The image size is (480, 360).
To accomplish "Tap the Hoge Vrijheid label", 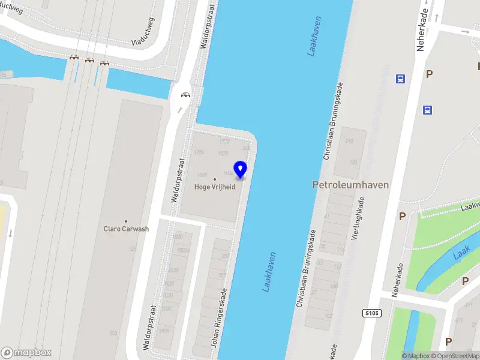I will (x=215, y=187).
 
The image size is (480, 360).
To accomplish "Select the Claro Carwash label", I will (x=126, y=229).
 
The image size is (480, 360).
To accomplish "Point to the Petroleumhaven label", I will (x=350, y=185).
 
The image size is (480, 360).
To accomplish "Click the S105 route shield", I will (x=372, y=313).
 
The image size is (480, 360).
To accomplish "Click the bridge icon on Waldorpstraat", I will (x=186, y=95).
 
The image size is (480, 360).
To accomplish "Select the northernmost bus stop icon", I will (x=400, y=79).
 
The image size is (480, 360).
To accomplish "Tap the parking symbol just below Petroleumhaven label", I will (x=403, y=216).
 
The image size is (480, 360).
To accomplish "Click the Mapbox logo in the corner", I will (x=26, y=353).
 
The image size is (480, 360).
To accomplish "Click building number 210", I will (x=349, y=141).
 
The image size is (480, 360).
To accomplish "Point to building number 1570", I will (x=223, y=154).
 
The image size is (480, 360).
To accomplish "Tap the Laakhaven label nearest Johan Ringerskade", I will (x=269, y=272).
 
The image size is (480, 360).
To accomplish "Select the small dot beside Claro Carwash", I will (x=126, y=221).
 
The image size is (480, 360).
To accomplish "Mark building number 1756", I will (x=200, y=152).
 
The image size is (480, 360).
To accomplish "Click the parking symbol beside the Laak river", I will (x=449, y=280).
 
